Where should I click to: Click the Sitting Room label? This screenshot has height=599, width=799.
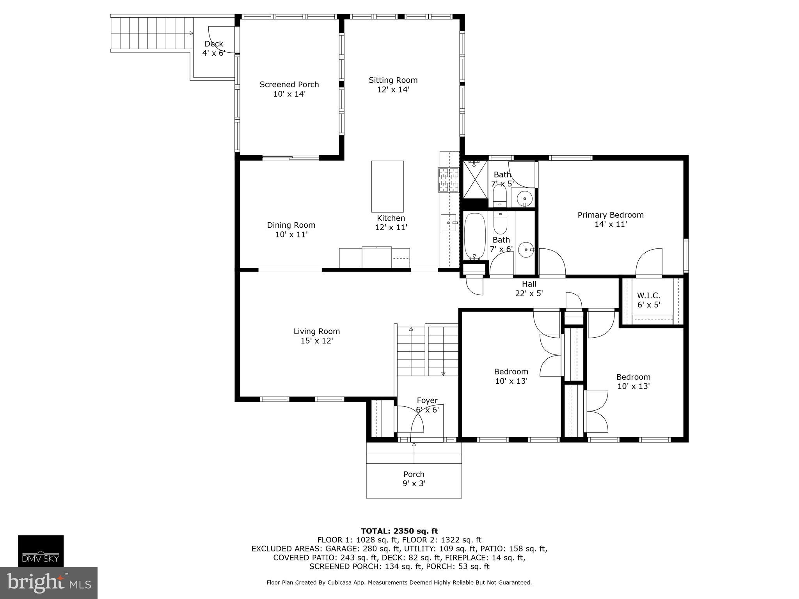click(x=393, y=80)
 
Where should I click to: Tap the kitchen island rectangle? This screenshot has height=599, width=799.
click(x=387, y=186)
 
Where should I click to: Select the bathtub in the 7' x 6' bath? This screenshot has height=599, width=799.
click(x=474, y=236)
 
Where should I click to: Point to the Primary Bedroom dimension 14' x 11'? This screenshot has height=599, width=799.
click(x=611, y=224)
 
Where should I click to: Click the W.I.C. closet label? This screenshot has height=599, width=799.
click(x=648, y=296)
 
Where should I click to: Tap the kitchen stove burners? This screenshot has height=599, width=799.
click(x=449, y=180)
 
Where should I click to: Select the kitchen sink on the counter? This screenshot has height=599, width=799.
click(x=449, y=223)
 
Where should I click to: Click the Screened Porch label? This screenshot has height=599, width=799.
click(x=289, y=85)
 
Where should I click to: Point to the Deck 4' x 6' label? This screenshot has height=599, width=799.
click(x=214, y=49)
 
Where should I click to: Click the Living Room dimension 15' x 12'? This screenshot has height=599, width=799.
click(x=316, y=341)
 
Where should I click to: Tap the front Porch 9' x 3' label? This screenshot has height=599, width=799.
click(x=414, y=479)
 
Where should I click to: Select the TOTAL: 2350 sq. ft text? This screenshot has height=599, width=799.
click(x=399, y=531)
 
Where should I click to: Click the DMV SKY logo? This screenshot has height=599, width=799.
click(x=41, y=551)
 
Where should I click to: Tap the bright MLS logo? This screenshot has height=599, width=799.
click(x=48, y=583)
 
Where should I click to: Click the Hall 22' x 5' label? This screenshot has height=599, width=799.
click(x=529, y=289)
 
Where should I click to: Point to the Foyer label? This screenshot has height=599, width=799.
click(x=427, y=401)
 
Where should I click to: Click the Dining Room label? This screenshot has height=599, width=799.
click(x=291, y=225)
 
